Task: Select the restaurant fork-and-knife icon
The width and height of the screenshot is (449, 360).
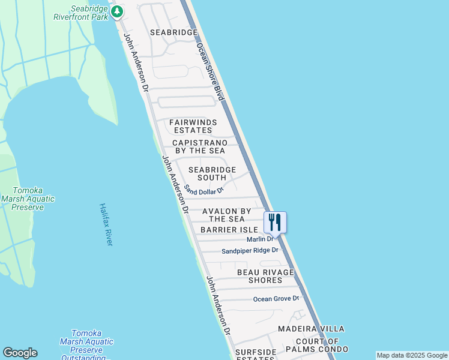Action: point(275,222)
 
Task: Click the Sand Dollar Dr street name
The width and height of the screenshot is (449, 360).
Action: point(204,190)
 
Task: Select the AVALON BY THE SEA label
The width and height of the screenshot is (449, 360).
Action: point(226,215)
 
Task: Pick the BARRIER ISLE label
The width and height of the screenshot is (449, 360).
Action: point(229,230)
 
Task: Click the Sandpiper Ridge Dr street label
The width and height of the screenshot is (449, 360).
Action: point(250,250)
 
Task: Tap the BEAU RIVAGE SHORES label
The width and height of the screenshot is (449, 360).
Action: point(265,276)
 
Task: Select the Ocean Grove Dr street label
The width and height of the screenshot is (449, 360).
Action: point(276,298)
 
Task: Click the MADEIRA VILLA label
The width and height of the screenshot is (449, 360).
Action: point(311,329)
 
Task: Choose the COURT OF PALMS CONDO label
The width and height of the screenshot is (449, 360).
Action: point(316,345)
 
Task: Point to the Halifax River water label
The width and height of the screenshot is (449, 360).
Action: point(106,224)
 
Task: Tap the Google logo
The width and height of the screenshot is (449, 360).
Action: point(20,353)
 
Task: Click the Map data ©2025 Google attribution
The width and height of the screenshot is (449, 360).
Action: point(412,355)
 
